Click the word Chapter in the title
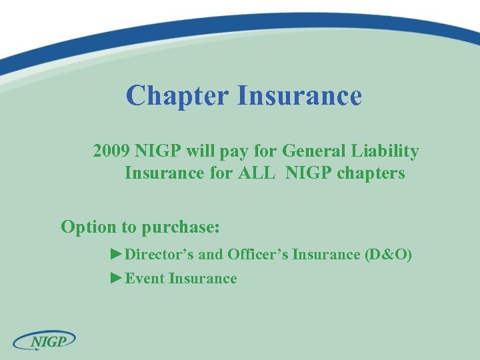(177, 95)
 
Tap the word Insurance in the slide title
(299, 95)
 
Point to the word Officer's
(257, 254)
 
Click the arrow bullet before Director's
(117, 254)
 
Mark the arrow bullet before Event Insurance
(117, 278)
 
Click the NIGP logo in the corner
(45, 341)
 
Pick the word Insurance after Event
(203, 278)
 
